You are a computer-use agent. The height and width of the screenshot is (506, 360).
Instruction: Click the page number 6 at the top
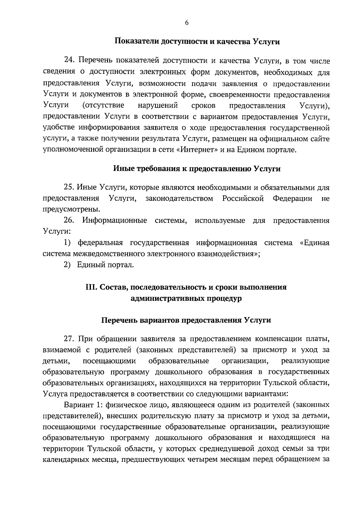pos(186,23)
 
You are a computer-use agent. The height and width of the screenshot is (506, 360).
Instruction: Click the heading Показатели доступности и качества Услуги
pos(197,42)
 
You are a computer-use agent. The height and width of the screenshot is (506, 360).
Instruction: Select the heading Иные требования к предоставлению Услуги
pos(196,169)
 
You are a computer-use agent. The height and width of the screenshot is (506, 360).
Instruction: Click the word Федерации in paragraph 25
pos(292,199)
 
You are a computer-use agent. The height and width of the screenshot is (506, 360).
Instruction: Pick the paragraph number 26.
pos(69,221)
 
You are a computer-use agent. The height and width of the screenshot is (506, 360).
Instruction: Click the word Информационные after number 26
pos(115,221)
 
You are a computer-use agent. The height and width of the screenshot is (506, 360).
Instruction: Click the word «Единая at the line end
pos(315,243)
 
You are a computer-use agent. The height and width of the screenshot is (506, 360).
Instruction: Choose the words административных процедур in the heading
pos(186,299)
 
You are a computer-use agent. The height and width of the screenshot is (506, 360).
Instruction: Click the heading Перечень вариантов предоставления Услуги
pos(186,320)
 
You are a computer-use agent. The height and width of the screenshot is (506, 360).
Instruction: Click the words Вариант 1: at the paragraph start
pos(80,405)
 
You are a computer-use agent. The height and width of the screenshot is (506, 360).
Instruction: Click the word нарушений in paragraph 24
pos(158,106)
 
